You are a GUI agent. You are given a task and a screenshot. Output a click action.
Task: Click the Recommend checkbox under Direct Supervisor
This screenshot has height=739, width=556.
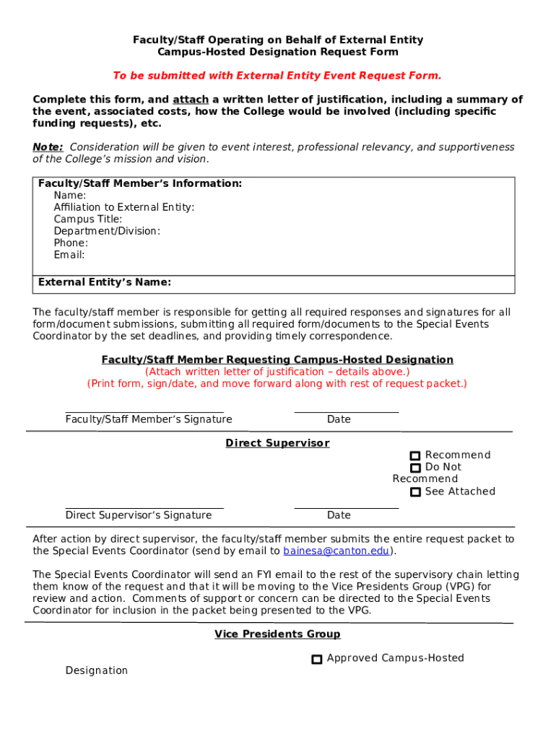coord(415,455)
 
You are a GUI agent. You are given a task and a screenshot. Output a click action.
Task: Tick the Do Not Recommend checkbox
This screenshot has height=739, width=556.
coord(415,468)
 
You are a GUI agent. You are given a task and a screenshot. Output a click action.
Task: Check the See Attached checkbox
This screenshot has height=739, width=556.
coord(415,492)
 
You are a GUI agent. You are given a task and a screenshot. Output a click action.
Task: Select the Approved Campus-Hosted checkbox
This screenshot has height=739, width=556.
coord(317,659)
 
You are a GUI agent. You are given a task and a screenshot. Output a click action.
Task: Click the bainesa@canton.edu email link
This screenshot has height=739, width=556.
coord(336,551)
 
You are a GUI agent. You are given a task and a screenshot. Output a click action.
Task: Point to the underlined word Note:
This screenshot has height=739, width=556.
coord(48,147)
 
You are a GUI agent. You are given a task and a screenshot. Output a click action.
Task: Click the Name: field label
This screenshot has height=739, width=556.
coord(70,196)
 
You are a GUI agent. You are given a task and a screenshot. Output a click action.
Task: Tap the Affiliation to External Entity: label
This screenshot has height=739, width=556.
coord(123,207)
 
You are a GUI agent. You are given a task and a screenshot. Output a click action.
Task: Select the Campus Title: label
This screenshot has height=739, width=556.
coord(88,219)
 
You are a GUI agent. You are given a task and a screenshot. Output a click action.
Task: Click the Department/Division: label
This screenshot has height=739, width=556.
coord(107,231)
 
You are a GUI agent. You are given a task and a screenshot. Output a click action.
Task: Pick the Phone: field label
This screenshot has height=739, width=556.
coord(71,243)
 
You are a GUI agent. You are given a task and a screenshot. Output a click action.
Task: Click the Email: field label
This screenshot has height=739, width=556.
coord(69,255)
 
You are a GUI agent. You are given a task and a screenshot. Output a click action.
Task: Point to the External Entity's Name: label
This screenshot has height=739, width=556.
coord(105,282)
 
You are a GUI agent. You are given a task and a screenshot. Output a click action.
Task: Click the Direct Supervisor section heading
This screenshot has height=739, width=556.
coord(277,443)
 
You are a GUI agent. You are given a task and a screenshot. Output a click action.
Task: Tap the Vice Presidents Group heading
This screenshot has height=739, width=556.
coord(277,634)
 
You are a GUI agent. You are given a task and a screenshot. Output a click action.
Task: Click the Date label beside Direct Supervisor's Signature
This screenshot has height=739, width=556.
coord(339,515)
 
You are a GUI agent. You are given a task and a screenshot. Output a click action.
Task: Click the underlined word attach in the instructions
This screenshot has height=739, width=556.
coord(191,100)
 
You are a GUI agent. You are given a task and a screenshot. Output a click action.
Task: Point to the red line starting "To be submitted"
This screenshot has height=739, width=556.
coord(277,76)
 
